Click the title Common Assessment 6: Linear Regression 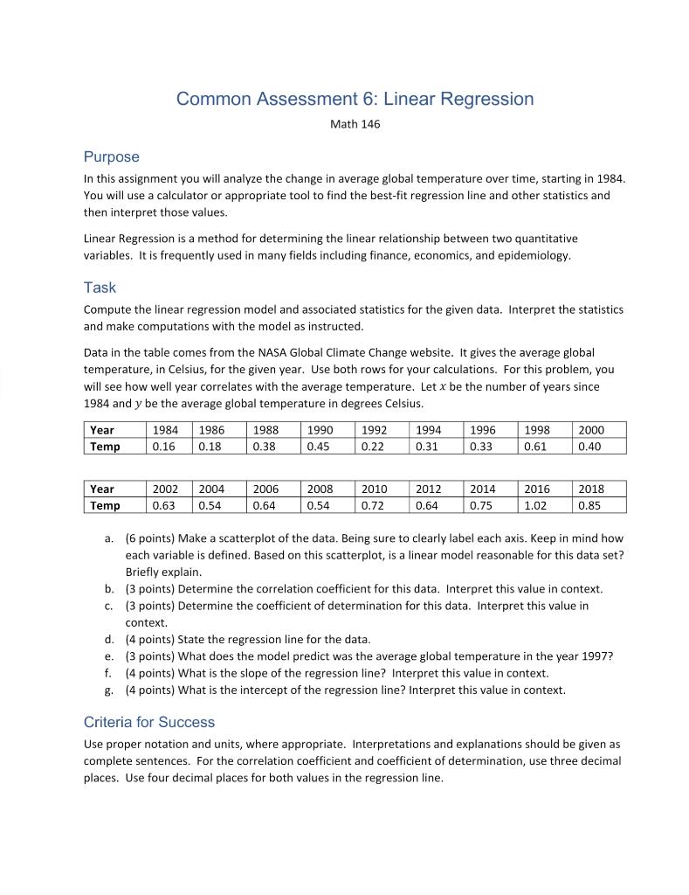[355, 99]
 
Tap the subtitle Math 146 [355, 124]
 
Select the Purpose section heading [111, 157]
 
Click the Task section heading [100, 288]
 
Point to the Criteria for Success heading [148, 722]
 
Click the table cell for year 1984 [165, 430]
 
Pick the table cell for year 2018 [590, 489]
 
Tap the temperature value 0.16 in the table [163, 446]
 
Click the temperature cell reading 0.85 [589, 505]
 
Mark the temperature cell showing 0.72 [373, 505]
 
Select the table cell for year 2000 [590, 430]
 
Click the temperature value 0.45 [319, 446]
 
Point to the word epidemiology [534, 255]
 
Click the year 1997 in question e [595, 656]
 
